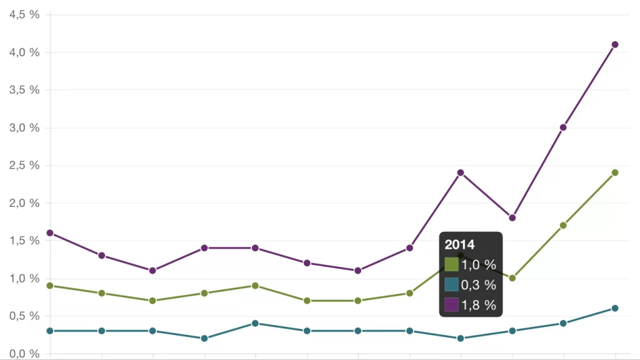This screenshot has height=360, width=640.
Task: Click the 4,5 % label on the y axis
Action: click(x=24, y=14)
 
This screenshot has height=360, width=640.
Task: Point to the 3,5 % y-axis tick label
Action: click(x=24, y=90)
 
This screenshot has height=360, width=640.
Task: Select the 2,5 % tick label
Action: click(x=24, y=165)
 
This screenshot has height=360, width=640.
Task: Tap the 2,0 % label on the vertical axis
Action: click(x=24, y=203)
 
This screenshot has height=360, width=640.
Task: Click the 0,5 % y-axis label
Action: click(x=24, y=316)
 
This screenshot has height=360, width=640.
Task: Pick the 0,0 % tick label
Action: click(x=24, y=354)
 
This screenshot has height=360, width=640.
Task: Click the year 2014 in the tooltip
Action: click(x=459, y=245)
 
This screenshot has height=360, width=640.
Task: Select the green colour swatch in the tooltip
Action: click(x=451, y=265)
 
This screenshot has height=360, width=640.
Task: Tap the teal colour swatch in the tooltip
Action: click(x=451, y=285)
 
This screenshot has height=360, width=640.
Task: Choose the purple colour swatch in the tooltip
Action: click(x=451, y=305)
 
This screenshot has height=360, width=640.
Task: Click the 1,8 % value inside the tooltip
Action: click(x=479, y=305)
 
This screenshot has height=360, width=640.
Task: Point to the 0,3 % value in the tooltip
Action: click(x=479, y=285)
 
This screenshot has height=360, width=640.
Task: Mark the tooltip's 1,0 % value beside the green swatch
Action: click(x=479, y=265)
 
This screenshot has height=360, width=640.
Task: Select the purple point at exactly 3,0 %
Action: click(x=563, y=127)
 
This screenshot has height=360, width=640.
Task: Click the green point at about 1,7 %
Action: click(x=563, y=225)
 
